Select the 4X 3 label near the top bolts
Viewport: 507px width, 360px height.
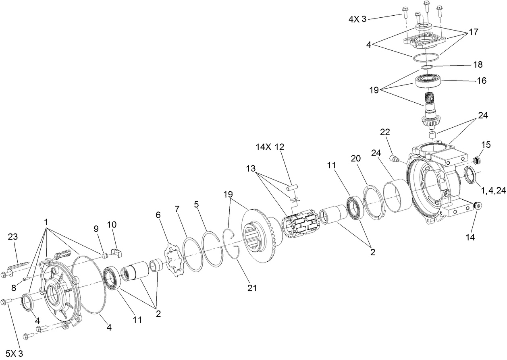pos(357,19)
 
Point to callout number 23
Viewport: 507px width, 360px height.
pos(13,237)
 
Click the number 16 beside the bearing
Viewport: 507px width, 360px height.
pos(481,81)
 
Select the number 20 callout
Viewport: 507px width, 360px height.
pos(355,159)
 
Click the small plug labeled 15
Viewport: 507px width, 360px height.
pos(477,161)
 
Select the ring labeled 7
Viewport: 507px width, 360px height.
pos(192,254)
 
